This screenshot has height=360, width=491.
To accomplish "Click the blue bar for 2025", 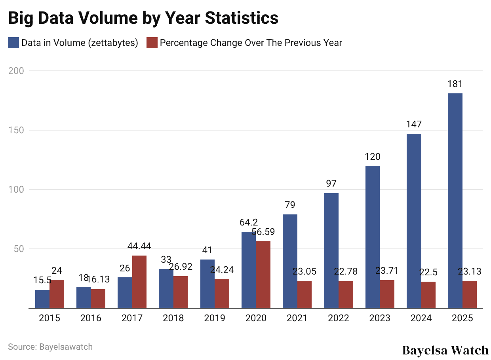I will [x=455, y=201].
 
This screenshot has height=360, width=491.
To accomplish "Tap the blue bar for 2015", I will [x=42, y=299].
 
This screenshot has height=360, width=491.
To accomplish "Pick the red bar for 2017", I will [x=139, y=282].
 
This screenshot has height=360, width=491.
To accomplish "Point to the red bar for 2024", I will [x=428, y=295].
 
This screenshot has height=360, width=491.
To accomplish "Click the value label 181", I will [x=455, y=84].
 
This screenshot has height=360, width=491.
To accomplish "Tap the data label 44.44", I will [x=139, y=246].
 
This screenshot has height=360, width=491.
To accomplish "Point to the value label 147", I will [x=414, y=124].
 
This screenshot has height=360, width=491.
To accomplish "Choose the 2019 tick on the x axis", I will [x=215, y=318].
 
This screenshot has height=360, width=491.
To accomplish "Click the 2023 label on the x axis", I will [x=380, y=318].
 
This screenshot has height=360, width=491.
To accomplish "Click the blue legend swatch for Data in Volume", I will [x=13, y=43].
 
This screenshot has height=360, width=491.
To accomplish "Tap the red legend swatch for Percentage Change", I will [x=152, y=43].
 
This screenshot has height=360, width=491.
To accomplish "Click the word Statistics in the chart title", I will [x=239, y=18].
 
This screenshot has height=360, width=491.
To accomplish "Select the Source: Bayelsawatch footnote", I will [x=50, y=347].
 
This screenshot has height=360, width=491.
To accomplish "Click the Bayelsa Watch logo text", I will [x=445, y=350].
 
